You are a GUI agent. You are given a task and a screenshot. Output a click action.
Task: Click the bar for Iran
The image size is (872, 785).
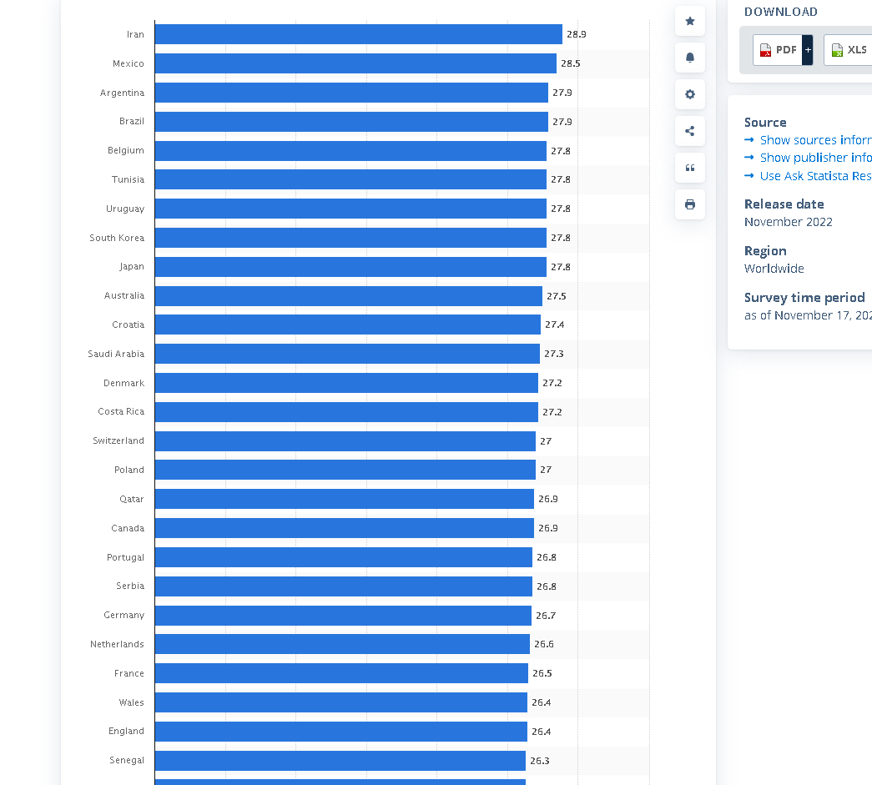(x=358, y=34)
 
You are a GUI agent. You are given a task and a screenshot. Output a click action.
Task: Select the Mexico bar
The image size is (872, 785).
(x=355, y=63)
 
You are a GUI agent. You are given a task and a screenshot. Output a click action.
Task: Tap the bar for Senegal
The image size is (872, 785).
(x=340, y=760)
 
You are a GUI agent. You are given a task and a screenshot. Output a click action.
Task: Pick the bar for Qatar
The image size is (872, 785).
(x=344, y=499)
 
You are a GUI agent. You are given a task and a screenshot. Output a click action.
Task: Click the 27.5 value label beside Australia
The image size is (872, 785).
(x=556, y=296)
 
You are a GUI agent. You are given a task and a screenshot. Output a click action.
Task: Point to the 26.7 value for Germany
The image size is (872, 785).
(x=546, y=616)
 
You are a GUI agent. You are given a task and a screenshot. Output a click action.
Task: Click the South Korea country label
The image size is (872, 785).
(x=117, y=238)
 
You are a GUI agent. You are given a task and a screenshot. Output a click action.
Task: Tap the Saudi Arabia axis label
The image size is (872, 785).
(x=116, y=354)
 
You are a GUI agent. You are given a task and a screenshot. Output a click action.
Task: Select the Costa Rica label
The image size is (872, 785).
(x=121, y=412)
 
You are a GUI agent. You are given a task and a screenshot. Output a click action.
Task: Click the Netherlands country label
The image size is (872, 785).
(x=117, y=644)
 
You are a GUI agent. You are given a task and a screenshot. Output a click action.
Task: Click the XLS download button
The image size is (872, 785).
(x=849, y=50)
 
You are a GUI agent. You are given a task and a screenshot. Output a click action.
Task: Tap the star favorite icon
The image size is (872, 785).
(x=690, y=21)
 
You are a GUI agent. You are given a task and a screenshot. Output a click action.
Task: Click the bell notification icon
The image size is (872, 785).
(x=690, y=58)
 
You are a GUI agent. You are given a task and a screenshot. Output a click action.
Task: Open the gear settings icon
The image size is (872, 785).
(x=690, y=94)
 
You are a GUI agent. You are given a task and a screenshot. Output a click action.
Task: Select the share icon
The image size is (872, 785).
(x=690, y=131)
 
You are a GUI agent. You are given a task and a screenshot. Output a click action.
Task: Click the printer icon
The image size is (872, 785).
(x=690, y=204)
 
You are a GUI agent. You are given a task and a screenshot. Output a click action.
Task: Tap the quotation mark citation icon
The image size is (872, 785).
(x=690, y=168)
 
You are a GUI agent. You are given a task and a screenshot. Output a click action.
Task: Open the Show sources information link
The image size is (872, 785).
(x=814, y=140)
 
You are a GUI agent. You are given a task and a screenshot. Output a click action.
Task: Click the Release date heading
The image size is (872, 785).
(x=784, y=204)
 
